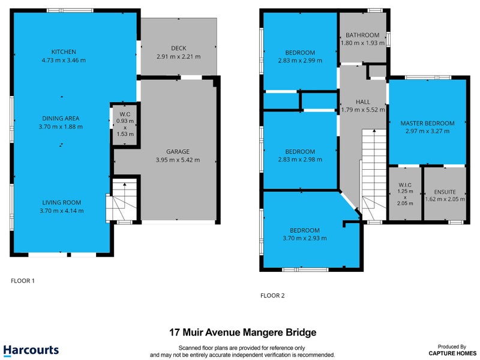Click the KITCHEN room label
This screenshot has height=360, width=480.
pos(64,52)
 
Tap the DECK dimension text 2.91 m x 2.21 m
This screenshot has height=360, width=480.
pos(178,56)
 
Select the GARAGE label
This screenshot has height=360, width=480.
pos(178,152)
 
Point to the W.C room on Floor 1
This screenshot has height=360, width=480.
pos(125,124)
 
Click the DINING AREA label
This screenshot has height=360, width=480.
pos(61,118)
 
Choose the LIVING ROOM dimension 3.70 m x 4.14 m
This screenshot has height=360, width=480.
pos(62,211)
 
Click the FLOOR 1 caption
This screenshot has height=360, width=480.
pos(23,281)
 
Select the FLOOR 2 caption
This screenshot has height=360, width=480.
pos(272,295)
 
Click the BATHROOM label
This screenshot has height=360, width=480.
pos(362,35)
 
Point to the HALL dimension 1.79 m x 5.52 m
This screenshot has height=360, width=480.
pos(363,110)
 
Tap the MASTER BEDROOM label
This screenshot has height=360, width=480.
pos(427,124)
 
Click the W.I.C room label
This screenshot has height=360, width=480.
pos(405,185)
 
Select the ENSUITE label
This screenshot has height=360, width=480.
pos(445,192)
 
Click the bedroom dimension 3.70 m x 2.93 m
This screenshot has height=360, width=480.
pos(305,238)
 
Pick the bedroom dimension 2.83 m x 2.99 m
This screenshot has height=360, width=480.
pos(300,61)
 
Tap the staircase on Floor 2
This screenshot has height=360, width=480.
pos(374,175)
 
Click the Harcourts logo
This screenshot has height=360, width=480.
pos(31,350)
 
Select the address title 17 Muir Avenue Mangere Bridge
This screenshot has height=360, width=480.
pos(243,332)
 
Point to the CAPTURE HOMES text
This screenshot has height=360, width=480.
pos(452,353)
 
